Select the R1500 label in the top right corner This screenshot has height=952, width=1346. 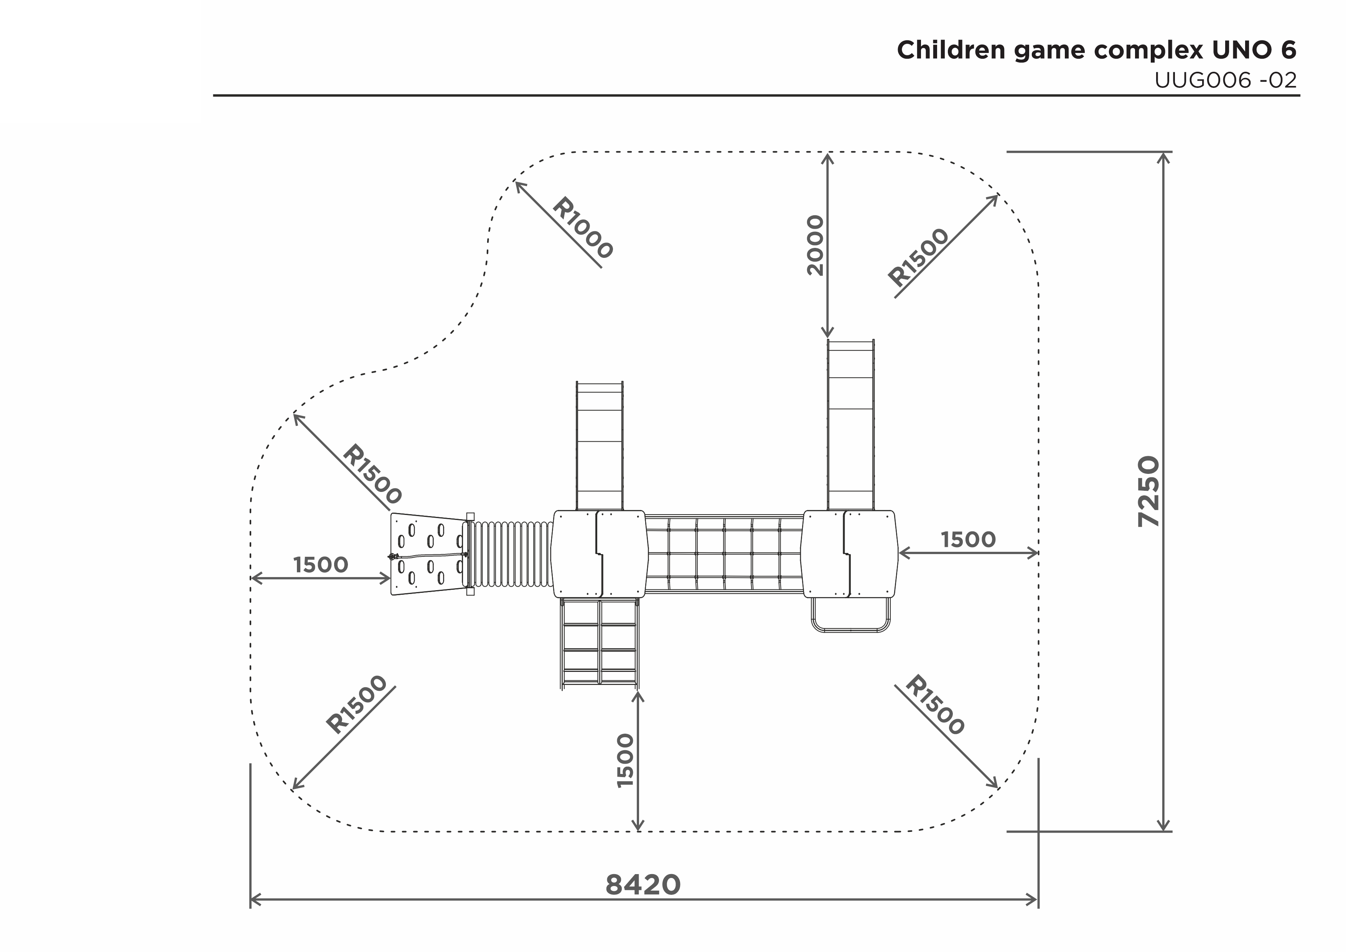pyautogui.click(x=918, y=257)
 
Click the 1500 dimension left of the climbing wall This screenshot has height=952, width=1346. pyautogui.click(x=321, y=565)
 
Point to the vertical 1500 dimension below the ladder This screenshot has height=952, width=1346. pyautogui.click(x=626, y=760)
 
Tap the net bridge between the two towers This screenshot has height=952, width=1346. pyautogui.click(x=725, y=554)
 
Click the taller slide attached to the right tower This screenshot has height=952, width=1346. pyautogui.click(x=851, y=425)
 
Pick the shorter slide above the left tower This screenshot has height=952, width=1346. pyautogui.click(x=600, y=446)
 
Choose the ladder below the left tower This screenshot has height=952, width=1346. pyautogui.click(x=600, y=643)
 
